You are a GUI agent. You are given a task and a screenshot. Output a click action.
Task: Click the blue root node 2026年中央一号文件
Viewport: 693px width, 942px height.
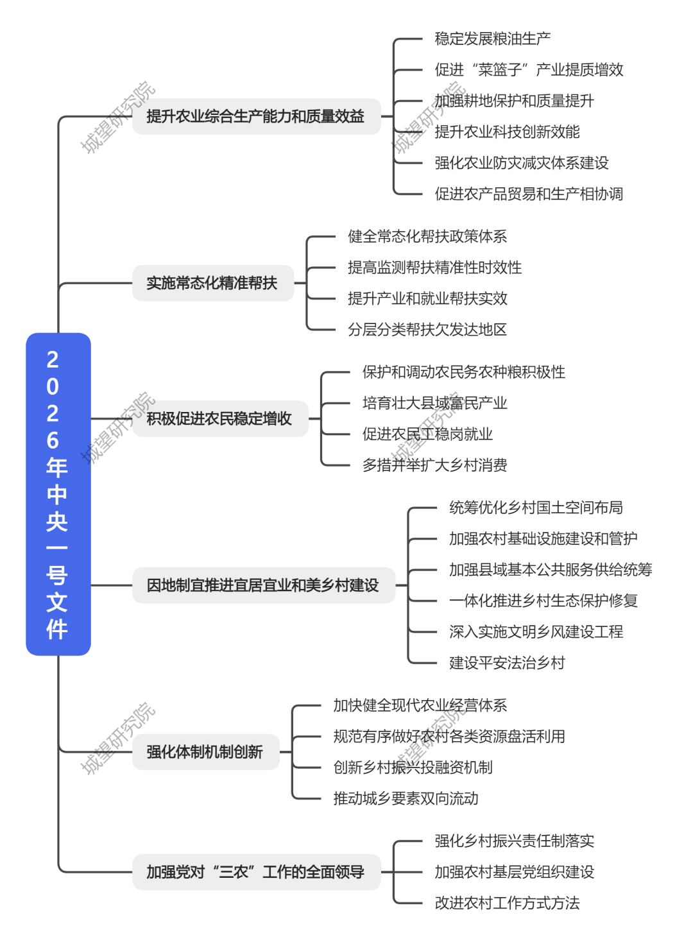pos(58,493)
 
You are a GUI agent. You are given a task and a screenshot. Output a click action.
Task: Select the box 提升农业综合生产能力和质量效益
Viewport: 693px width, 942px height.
pos(256,116)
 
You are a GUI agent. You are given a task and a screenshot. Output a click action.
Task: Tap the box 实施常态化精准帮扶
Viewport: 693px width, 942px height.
pos(212,283)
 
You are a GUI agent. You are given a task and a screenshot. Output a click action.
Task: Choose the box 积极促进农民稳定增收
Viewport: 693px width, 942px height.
pos(219,418)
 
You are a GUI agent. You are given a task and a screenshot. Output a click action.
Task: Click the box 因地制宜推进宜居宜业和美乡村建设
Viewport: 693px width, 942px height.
pos(263,585)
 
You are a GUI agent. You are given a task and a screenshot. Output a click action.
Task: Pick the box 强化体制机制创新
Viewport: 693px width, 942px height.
pos(205,751)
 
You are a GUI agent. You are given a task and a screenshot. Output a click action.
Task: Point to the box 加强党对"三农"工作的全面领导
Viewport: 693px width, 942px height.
pos(256,871)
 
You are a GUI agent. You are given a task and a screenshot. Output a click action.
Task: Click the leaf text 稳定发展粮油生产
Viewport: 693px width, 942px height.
pos(492,39)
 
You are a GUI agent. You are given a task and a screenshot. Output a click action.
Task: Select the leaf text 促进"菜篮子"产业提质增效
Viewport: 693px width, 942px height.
pos(529,69)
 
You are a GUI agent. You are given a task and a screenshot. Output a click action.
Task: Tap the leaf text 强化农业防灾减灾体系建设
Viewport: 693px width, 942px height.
pos(522,163)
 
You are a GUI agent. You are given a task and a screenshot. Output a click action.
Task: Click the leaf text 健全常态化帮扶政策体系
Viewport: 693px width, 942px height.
pos(427,237)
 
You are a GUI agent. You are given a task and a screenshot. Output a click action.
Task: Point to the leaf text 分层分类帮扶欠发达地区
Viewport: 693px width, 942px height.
pos(427,330)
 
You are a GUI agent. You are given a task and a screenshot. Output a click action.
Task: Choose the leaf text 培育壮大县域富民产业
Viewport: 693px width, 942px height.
pos(434,403)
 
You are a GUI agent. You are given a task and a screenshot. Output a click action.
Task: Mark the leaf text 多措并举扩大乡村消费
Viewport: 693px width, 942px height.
pos(434,465)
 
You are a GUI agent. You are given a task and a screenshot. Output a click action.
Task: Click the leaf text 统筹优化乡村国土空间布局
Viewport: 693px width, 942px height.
pos(536,508)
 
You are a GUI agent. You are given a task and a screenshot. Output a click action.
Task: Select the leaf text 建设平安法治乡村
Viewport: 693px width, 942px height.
pos(507,663)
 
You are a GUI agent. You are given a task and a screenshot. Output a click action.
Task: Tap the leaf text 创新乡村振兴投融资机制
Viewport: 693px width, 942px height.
pos(413,767)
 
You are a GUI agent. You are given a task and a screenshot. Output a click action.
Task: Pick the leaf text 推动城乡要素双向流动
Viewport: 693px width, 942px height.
pos(406,798)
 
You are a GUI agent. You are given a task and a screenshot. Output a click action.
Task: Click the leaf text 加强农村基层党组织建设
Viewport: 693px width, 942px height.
pos(514,871)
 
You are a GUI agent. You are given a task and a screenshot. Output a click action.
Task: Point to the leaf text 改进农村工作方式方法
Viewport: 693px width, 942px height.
pos(507,903)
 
